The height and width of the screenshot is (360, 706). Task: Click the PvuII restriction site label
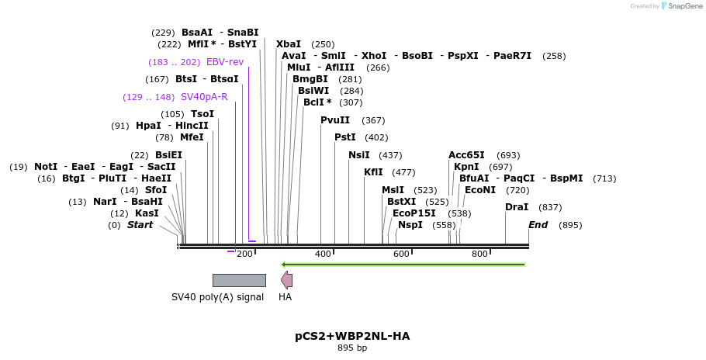coord(335,120)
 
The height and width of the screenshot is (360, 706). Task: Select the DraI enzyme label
coord(517,207)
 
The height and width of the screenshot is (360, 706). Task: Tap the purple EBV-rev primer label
coord(225,62)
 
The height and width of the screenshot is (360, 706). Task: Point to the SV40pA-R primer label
coord(204,97)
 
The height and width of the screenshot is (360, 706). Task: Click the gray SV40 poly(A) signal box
coord(239,280)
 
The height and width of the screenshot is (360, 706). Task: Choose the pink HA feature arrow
coord(286,280)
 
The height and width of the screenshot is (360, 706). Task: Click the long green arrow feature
coord(403,265)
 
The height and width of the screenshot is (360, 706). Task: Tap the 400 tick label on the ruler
coord(324,254)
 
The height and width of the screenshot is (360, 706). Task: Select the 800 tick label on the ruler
coord(479,254)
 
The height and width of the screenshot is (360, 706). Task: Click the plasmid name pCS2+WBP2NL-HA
coord(352,336)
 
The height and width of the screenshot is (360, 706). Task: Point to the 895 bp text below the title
coord(352,348)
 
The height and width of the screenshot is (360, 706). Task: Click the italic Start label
coord(140,225)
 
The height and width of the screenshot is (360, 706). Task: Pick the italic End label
coord(538,225)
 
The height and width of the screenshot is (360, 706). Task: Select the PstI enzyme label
coord(345,137)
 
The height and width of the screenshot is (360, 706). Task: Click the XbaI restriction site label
coord(289,44)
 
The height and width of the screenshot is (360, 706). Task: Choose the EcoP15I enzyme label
coord(414,213)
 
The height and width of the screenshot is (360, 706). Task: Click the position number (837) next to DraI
coord(550,207)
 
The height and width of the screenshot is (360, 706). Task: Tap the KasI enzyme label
coord(146,213)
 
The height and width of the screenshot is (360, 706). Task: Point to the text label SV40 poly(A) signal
coord(218,297)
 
